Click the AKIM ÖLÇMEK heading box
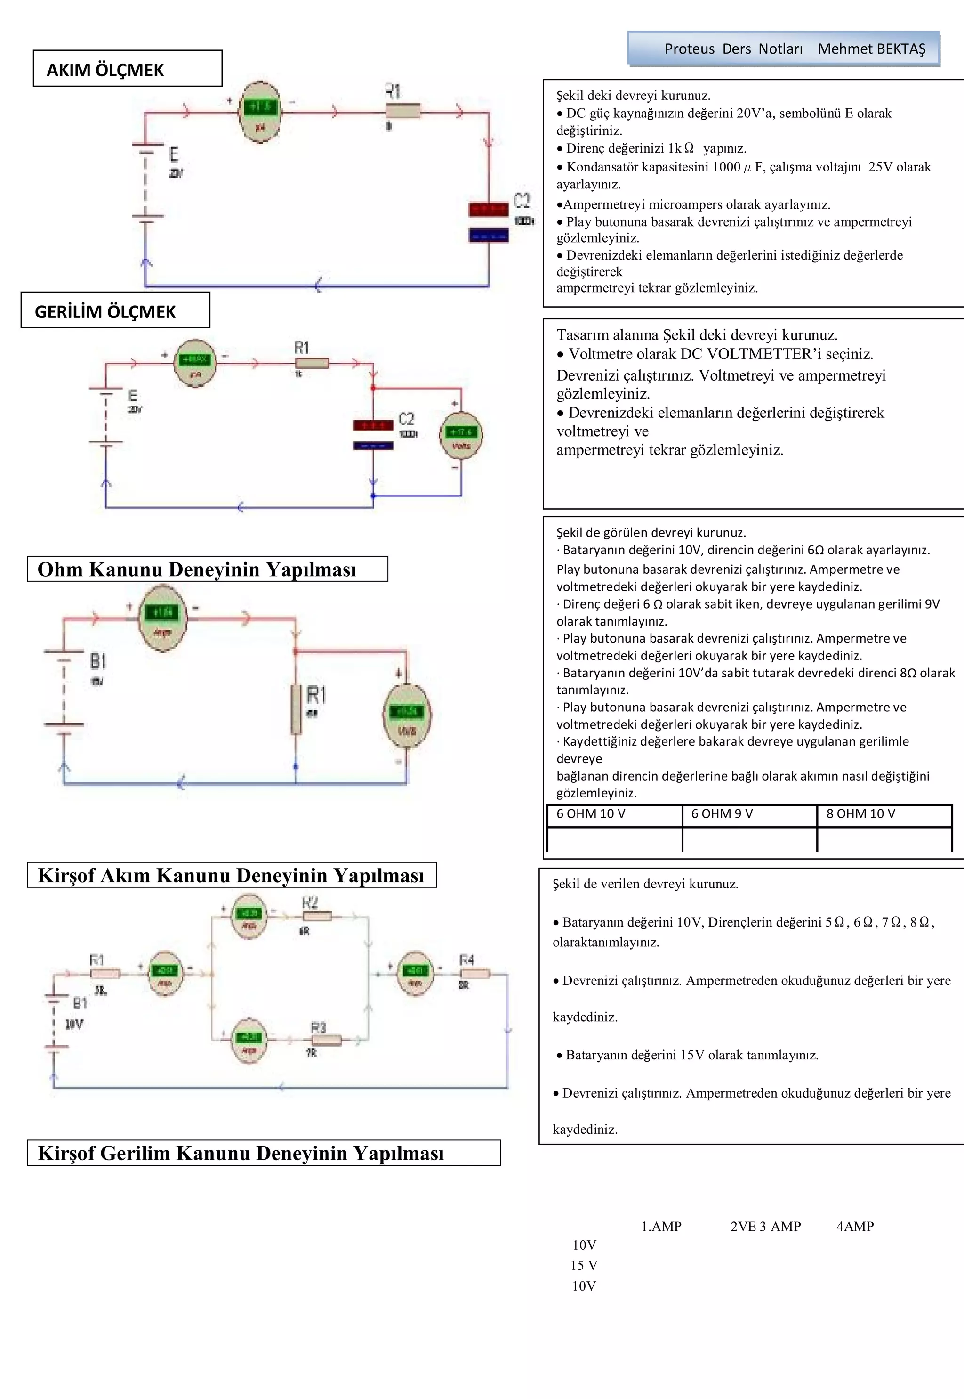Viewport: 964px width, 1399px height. point(128,69)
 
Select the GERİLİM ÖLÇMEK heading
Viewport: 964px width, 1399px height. point(115,310)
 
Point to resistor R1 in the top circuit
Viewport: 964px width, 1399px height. point(403,112)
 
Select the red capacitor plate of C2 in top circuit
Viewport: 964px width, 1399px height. point(488,210)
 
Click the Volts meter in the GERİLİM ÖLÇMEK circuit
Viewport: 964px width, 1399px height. point(461,434)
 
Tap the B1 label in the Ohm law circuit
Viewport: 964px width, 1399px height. point(98,661)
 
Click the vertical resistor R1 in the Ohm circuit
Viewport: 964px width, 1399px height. point(296,709)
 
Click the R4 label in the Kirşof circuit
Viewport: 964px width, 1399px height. point(467,960)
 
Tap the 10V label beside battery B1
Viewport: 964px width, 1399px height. point(74,1024)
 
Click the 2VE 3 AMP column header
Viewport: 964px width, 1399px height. point(765,1226)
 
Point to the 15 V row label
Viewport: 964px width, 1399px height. point(584,1265)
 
